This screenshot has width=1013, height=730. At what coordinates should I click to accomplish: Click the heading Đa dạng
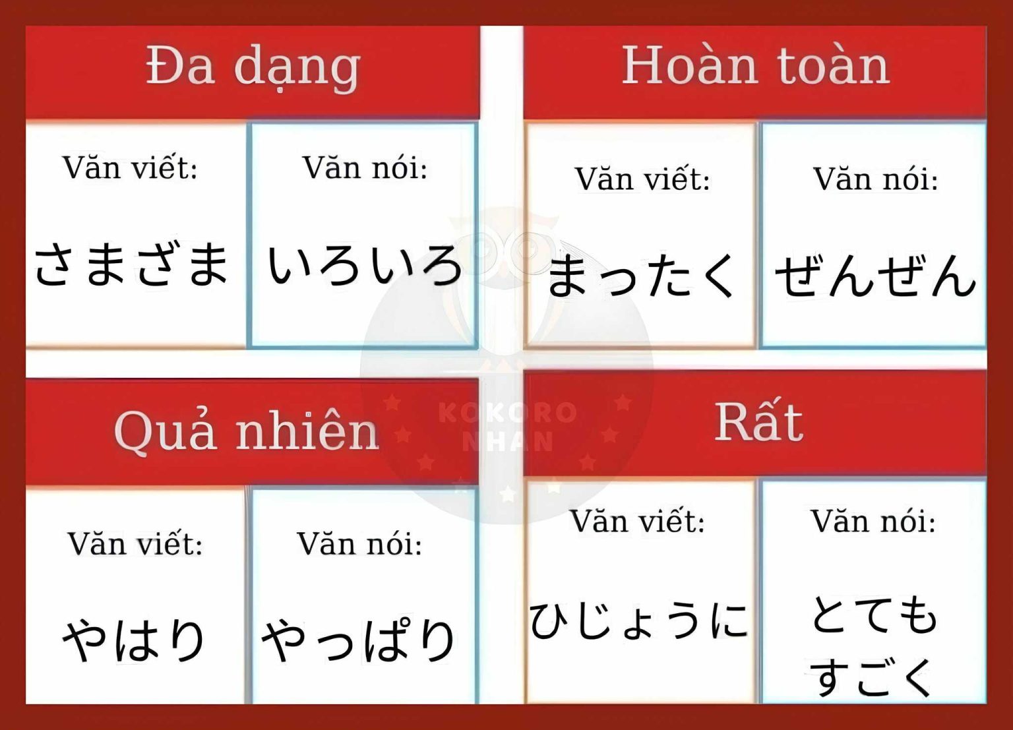click(x=253, y=67)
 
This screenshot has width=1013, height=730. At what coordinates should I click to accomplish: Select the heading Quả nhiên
click(x=246, y=432)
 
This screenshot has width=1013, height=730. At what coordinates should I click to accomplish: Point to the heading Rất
click(x=759, y=422)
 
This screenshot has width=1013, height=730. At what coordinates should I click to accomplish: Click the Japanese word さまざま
click(x=131, y=264)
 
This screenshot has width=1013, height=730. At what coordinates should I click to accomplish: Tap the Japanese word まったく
click(x=640, y=276)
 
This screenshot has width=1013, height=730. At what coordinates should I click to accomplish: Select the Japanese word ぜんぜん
click(x=875, y=276)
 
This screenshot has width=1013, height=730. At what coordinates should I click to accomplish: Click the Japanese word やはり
click(x=134, y=640)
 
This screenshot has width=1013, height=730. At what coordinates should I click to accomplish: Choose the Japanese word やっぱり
click(x=359, y=640)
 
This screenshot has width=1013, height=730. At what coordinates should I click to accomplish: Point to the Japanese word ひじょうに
click(x=638, y=621)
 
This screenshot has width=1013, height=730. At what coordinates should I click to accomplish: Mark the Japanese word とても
click(x=874, y=614)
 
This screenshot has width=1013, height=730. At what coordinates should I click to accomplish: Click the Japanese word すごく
click(x=872, y=677)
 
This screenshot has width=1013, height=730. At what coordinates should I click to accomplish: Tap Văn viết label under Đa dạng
click(x=130, y=167)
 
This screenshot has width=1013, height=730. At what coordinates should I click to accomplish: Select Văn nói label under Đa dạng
click(x=365, y=167)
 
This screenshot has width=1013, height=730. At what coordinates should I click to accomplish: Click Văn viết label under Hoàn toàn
click(x=642, y=179)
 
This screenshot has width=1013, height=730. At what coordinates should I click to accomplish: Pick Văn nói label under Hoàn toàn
click(x=875, y=179)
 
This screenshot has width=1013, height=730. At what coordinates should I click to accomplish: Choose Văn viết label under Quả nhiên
click(x=135, y=544)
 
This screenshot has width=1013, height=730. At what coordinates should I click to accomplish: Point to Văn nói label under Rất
click(x=873, y=521)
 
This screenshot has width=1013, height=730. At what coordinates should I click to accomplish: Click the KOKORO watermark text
click(x=508, y=413)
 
